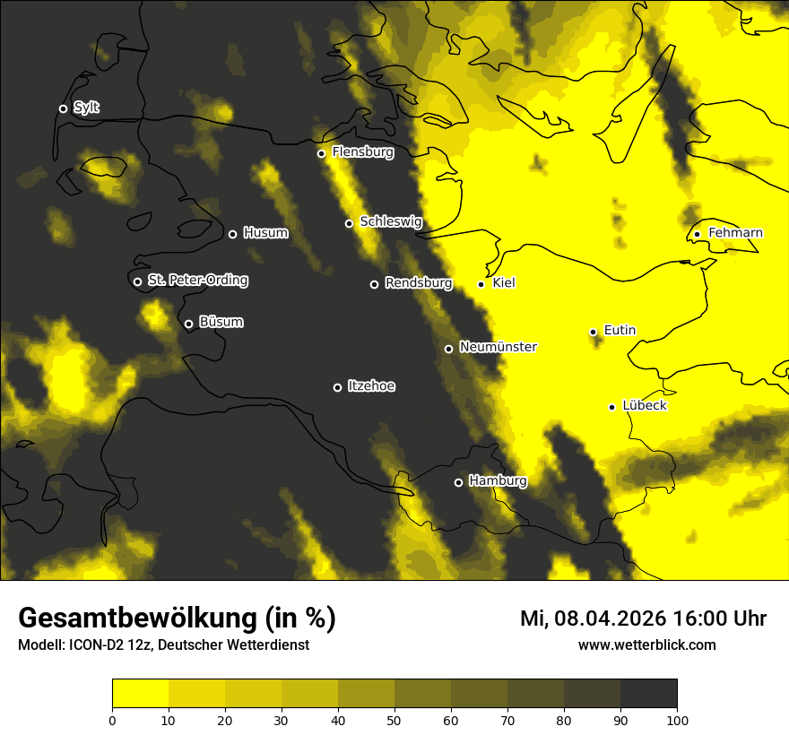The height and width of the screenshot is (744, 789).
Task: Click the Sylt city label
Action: [x=86, y=108]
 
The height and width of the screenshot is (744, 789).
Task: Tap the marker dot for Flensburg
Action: [x=321, y=153]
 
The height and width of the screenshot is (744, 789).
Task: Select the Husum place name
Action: [x=265, y=233]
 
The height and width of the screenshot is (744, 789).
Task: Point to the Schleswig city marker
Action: [x=349, y=223]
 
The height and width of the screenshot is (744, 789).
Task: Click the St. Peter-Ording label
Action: [x=197, y=281]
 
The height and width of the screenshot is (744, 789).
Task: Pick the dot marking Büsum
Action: [x=188, y=324]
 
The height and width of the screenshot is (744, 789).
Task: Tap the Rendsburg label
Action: [x=418, y=283]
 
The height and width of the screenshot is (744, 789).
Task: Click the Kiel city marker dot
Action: [x=481, y=284]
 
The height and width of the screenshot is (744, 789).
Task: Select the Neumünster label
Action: [x=498, y=347]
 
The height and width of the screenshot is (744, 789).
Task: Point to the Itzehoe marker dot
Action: [x=337, y=387]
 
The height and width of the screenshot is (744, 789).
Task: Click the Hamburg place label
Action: [x=498, y=481]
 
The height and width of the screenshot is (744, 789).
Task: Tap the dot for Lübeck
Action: [x=611, y=407]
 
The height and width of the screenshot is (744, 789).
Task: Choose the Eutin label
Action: [x=620, y=331]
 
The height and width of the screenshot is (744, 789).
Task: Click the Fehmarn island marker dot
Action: [x=697, y=235]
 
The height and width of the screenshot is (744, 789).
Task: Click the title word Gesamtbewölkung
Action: [x=136, y=618]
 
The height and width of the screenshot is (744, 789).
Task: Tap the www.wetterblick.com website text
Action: [x=646, y=645]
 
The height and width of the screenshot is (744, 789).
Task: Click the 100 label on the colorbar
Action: [x=677, y=720]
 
